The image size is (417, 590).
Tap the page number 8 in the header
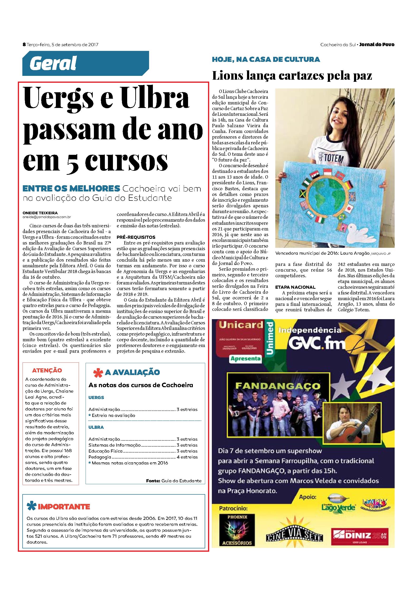[24, 44]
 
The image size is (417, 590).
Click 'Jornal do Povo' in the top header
[377, 44]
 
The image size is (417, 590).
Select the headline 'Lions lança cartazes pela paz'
[292, 76]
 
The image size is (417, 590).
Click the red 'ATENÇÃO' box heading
[47, 370]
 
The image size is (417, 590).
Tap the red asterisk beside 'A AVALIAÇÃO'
[97, 373]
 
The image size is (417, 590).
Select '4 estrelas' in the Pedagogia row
[187, 457]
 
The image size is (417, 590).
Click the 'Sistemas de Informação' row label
[115, 445]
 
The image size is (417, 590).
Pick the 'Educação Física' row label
[106, 451]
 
